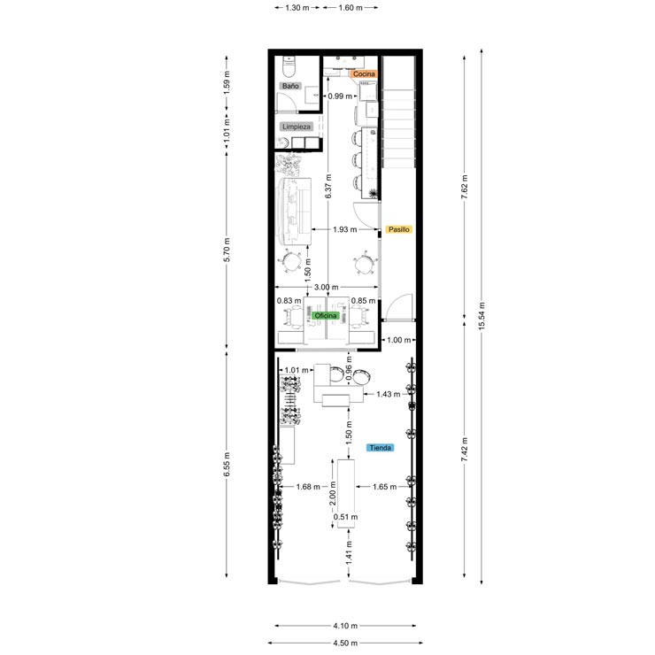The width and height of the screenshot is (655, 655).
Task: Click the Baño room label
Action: click(x=289, y=87)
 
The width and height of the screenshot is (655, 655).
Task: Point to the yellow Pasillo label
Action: click(x=399, y=229)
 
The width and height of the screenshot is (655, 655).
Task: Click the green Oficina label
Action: click(x=327, y=315)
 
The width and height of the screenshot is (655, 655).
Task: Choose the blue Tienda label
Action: click(x=381, y=448)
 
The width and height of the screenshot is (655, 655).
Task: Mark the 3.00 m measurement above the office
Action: click(x=327, y=287)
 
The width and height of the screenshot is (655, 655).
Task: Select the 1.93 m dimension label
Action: click(x=345, y=229)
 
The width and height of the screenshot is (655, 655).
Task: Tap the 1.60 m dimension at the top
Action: click(x=351, y=7)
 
